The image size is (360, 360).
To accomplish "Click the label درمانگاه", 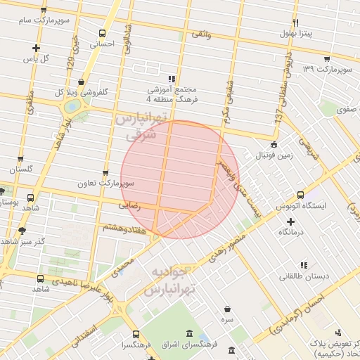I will pos(290,231).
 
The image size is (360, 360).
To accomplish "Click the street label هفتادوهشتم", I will pos(124,227).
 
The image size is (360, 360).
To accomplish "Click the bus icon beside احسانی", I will pos(103,33).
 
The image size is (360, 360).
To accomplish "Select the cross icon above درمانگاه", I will pos(290,221).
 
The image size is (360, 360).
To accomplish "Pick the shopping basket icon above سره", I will pos(227,308).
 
